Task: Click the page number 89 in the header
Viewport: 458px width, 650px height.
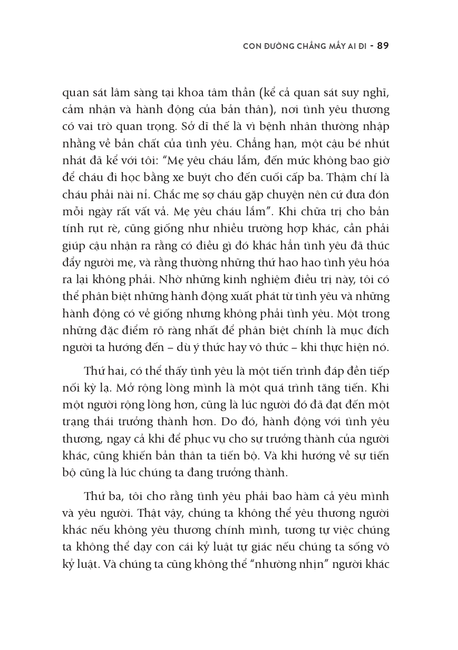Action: [x=383, y=46]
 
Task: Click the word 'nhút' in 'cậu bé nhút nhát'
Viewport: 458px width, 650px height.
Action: [x=377, y=144]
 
